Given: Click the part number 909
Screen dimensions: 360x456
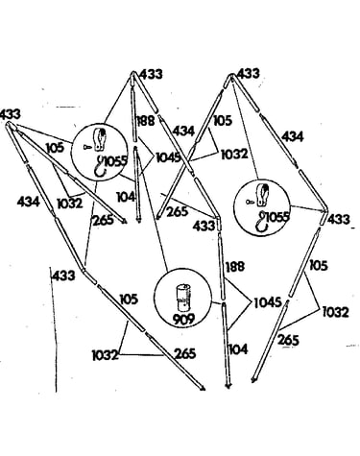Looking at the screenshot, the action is click(182, 319).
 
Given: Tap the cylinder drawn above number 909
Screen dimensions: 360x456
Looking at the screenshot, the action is click(182, 298).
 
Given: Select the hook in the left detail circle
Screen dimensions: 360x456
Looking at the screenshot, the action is click(101, 165).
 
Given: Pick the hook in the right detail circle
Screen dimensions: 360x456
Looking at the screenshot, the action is click(262, 222).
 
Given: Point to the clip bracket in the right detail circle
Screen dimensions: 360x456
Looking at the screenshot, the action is click(263, 195).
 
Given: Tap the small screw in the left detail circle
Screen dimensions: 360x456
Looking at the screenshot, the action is click(87, 147).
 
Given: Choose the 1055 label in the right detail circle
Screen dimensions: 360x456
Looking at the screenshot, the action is click(277, 217).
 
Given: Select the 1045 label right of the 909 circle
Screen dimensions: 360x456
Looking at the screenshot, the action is click(268, 302).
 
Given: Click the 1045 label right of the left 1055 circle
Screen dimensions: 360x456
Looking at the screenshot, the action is click(168, 157).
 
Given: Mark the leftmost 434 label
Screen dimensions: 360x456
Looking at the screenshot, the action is click(28, 202).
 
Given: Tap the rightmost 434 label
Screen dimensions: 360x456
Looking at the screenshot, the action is click(292, 136).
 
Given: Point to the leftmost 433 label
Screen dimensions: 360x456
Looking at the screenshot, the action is click(11, 114).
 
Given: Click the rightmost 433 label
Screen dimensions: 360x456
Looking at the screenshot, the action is click(339, 220).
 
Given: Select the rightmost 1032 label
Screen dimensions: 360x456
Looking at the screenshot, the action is click(335, 312).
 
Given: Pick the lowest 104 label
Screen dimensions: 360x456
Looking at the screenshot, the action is click(238, 349).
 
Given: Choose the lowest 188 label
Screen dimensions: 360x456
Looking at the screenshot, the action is click(235, 267).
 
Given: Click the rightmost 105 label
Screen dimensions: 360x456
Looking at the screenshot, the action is click(319, 265).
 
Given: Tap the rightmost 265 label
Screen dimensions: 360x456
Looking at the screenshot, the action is click(288, 340).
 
